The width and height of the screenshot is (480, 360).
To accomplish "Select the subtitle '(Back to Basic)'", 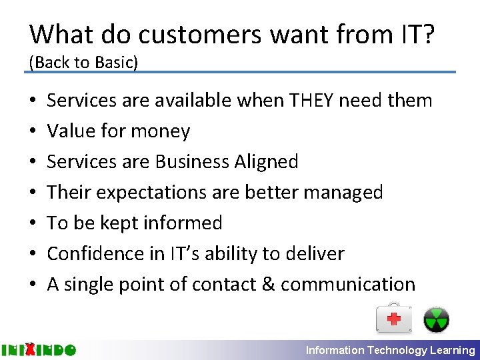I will click(83, 62).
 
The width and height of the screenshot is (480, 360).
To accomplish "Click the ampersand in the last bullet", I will click(268, 285).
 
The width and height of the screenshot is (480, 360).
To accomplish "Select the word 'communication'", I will click(348, 285).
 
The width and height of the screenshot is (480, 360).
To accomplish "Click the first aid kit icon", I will click(394, 318).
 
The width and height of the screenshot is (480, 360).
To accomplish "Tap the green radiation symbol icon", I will click(437, 319).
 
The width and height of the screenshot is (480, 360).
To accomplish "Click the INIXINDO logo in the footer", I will click(39, 349).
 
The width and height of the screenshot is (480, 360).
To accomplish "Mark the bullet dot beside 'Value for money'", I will click(33, 131).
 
